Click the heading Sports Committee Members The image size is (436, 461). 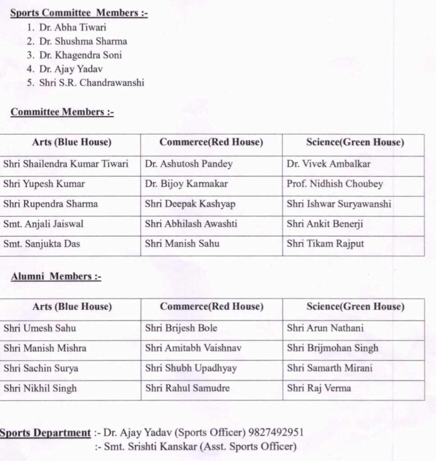point(79,13)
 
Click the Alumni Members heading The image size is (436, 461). point(56,276)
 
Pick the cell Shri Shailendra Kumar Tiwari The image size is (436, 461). point(66,164)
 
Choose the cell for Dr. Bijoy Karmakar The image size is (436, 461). point(186,184)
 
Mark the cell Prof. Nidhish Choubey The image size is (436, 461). point(335,184)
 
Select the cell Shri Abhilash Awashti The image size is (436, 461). point(191,224)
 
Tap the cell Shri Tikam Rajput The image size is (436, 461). point(325,244)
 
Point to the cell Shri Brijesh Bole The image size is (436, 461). point(181,328)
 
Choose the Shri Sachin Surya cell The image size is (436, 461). point(41,368)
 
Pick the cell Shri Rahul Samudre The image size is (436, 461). point(187,388)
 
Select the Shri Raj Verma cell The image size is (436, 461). point(319,388)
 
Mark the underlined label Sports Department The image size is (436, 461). point(45,433)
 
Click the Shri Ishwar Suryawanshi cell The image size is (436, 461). point(339,203)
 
